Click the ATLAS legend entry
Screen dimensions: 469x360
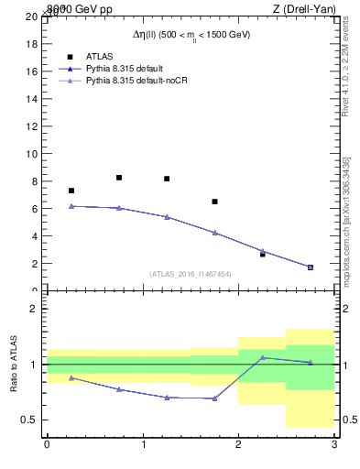click(x=99, y=56)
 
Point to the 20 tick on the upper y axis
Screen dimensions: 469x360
click(x=31, y=16)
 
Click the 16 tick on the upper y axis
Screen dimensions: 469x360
click(x=31, y=71)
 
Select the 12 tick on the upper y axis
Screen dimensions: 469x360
click(x=31, y=126)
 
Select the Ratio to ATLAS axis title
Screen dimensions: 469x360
click(x=15, y=365)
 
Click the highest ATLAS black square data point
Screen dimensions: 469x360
click(x=119, y=178)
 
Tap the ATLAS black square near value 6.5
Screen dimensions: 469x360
click(x=214, y=202)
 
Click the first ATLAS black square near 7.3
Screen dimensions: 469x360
click(x=71, y=191)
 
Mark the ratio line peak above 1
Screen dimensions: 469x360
click(x=262, y=357)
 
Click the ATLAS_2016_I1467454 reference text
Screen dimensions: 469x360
click(x=190, y=274)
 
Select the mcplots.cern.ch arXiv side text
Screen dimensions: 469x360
click(x=346, y=220)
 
